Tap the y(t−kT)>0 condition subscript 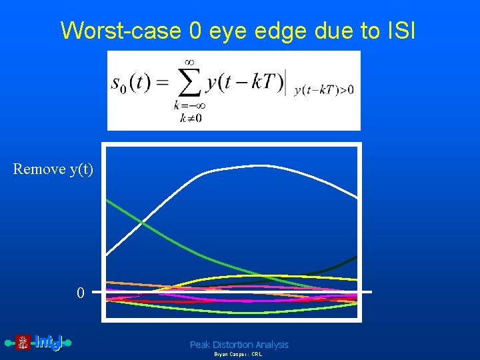pyautogui.click(x=324, y=91)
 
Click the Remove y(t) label pyautogui.click(x=53, y=169)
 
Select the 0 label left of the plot pyautogui.click(x=80, y=293)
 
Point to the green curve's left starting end pyautogui.click(x=108, y=201)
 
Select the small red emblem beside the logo pyautogui.click(x=23, y=343)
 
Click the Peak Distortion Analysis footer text pyautogui.click(x=239, y=345)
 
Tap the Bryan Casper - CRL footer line pyautogui.click(x=238, y=355)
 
